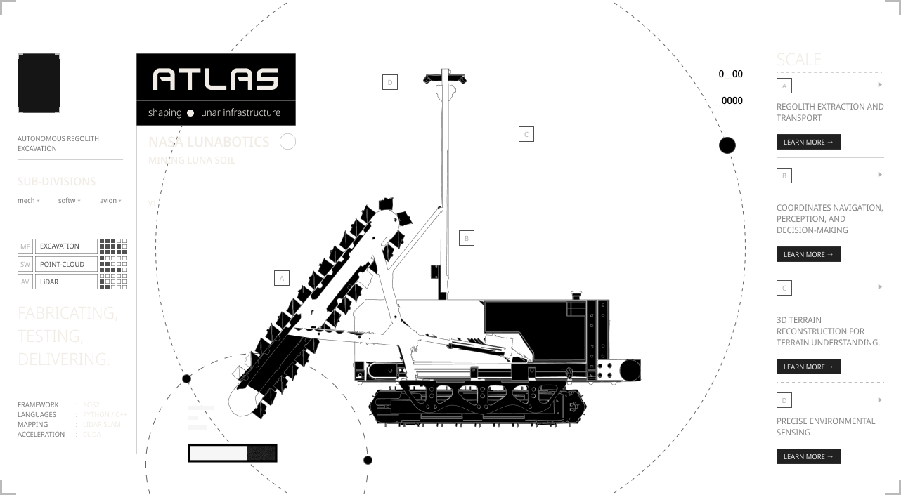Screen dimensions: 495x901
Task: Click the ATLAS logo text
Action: pyautogui.click(x=216, y=79)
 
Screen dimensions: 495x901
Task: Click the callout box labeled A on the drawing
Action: pyautogui.click(x=281, y=278)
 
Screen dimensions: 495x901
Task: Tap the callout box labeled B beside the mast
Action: pyautogui.click(x=467, y=238)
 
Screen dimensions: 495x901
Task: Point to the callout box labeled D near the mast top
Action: pyautogui.click(x=389, y=82)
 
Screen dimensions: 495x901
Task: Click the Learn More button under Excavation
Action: pyautogui.click(x=808, y=142)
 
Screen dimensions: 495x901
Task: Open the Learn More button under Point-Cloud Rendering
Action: pyautogui.click(x=808, y=367)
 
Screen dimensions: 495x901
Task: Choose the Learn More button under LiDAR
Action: pyautogui.click(x=808, y=456)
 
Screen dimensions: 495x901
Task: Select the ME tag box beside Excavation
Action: pyautogui.click(x=25, y=246)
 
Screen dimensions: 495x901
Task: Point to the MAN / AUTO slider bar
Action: pyautogui.click(x=233, y=453)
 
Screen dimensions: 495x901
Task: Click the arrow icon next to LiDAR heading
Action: pyautogui.click(x=879, y=400)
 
